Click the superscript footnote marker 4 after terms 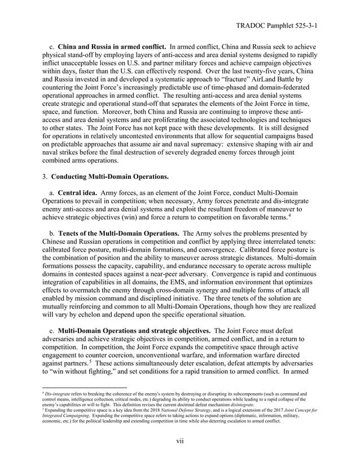290,214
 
